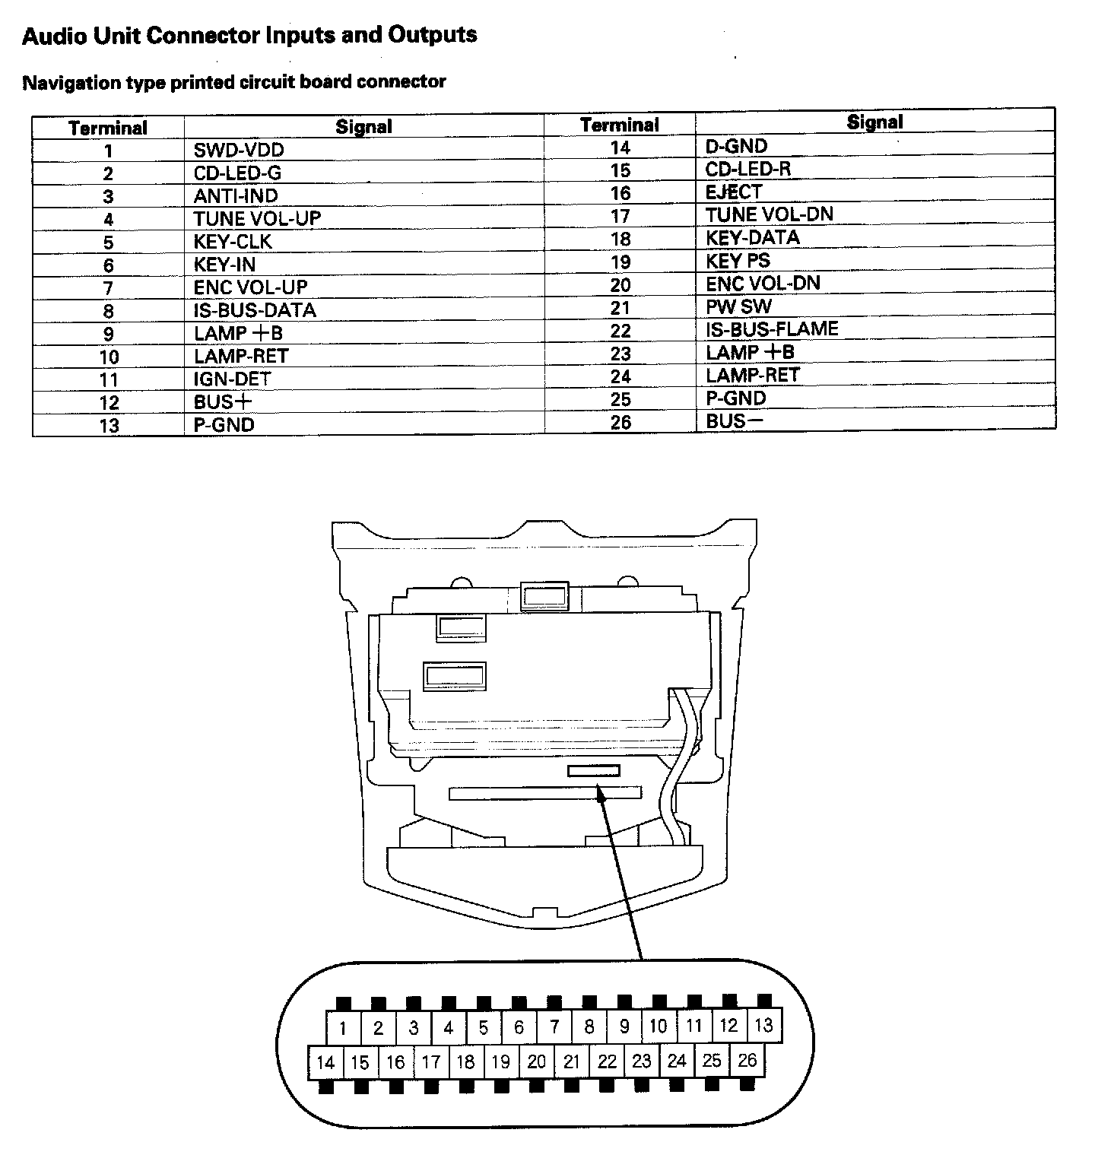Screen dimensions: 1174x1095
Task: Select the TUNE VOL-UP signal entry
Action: point(257,219)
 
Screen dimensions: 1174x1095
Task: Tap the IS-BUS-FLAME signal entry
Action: point(772,329)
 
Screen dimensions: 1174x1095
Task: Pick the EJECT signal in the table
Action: point(733,192)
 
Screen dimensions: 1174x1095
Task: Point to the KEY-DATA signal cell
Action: point(752,238)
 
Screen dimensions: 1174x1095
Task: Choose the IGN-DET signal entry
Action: point(232,379)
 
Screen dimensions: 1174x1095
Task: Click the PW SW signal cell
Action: point(738,306)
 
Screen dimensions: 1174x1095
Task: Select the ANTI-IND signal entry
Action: point(236,196)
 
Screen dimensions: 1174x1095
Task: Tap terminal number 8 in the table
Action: point(109,311)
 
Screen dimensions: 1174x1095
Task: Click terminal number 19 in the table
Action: point(620,262)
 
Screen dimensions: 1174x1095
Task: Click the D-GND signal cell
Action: point(736,146)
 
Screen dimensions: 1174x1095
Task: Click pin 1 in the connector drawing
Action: point(343,1029)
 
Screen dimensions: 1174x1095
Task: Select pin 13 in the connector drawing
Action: point(763,1025)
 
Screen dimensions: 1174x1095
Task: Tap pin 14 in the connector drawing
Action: point(325,1062)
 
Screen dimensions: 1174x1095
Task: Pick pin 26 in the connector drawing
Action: point(747,1060)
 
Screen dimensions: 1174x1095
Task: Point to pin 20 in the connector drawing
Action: point(536,1061)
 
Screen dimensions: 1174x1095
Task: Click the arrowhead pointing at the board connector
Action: point(601,795)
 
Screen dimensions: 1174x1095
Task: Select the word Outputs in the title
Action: point(432,35)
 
